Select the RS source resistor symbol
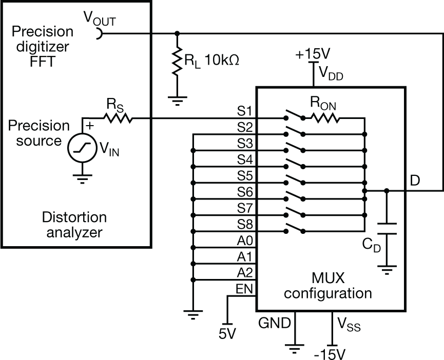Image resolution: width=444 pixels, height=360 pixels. click(x=118, y=118)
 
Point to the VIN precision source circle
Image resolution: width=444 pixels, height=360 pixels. click(x=83, y=148)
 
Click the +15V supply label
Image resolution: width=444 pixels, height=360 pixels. click(x=312, y=54)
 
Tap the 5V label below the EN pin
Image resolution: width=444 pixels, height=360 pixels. click(x=226, y=334)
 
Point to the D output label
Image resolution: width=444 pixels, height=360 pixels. click(x=416, y=181)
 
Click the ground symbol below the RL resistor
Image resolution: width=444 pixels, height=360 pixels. click(x=177, y=99)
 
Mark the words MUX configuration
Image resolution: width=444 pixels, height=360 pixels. click(x=328, y=286)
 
